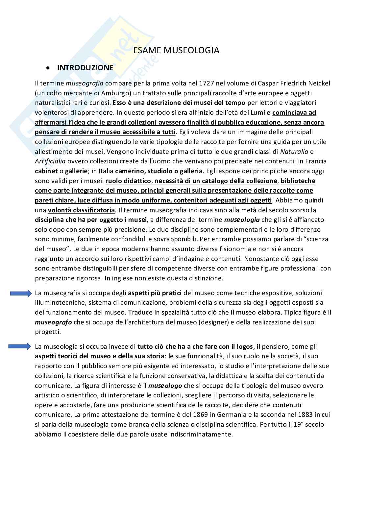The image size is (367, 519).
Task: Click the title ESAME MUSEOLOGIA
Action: point(176,50)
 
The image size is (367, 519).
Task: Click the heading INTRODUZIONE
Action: point(85,68)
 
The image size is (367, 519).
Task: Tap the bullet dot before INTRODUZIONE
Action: point(49,68)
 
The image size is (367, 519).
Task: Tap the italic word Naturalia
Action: point(294,152)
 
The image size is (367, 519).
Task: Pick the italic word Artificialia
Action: point(50,161)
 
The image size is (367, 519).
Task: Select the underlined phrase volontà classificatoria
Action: point(81,210)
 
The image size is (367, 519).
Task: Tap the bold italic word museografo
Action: point(53,322)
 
